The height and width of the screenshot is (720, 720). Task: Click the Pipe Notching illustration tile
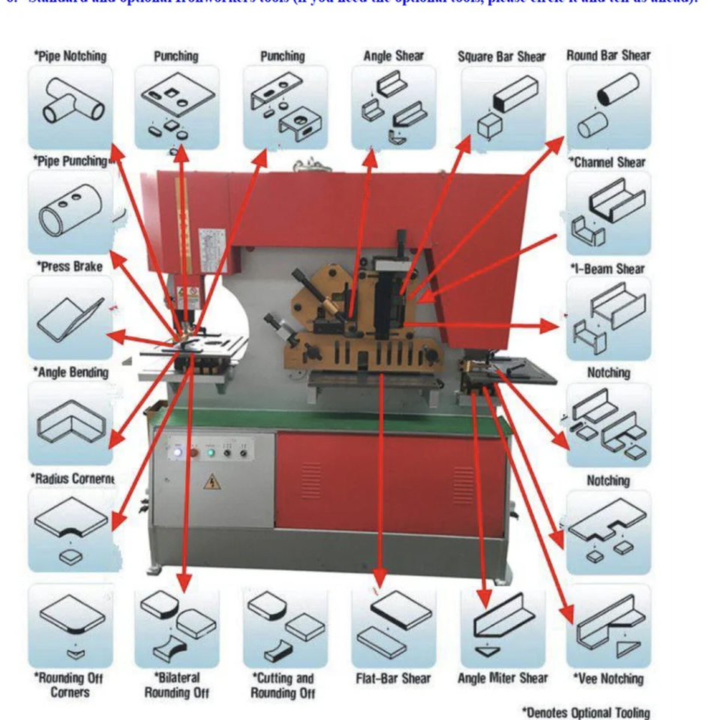(70, 106)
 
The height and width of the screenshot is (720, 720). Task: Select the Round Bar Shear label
(608, 55)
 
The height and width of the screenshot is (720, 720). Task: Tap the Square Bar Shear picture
(501, 107)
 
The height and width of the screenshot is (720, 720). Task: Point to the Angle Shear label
(393, 56)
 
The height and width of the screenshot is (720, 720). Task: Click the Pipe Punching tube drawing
(70, 212)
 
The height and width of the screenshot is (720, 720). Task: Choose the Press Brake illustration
(70, 318)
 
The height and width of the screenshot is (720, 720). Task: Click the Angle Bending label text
(70, 373)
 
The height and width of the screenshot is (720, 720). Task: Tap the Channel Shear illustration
(608, 213)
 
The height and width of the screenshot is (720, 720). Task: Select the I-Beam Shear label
(608, 268)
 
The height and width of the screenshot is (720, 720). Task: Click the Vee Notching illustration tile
(608, 626)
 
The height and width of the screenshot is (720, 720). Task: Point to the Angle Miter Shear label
(502, 679)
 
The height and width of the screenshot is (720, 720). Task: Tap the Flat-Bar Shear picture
(393, 626)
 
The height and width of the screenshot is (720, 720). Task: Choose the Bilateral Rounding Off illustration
(178, 626)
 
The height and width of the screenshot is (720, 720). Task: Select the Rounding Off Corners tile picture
(70, 626)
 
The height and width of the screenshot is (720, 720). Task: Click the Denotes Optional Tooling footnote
(585, 712)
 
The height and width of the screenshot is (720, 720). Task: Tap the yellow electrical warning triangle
(212, 481)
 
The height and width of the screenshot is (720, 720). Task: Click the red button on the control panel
(193, 452)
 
